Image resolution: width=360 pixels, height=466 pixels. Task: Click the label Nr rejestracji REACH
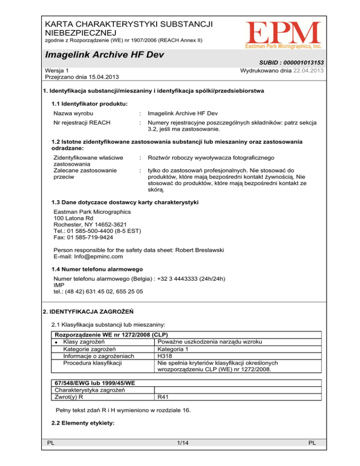82,123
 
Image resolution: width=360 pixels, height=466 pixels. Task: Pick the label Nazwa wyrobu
74,113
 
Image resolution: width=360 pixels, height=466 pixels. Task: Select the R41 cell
163,397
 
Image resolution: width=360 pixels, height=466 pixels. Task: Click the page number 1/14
180,454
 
